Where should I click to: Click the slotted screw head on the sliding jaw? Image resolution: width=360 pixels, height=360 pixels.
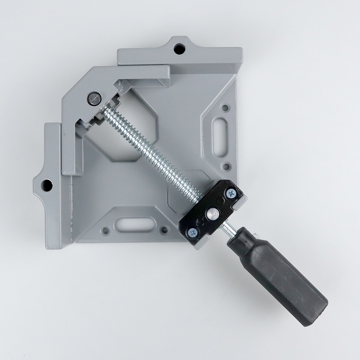(93, 98)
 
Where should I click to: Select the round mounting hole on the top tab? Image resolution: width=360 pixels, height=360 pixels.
(178, 48)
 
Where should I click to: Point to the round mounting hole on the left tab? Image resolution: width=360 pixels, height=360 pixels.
(46, 185)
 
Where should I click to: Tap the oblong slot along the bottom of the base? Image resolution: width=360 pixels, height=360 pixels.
(134, 225)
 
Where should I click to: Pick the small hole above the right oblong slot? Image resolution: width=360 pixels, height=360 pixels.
(225, 107)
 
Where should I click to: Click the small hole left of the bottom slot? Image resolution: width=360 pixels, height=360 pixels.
(105, 230)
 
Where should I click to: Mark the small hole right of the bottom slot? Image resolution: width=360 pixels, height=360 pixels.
(164, 230)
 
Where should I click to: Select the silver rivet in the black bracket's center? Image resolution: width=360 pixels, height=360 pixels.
(212, 214)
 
